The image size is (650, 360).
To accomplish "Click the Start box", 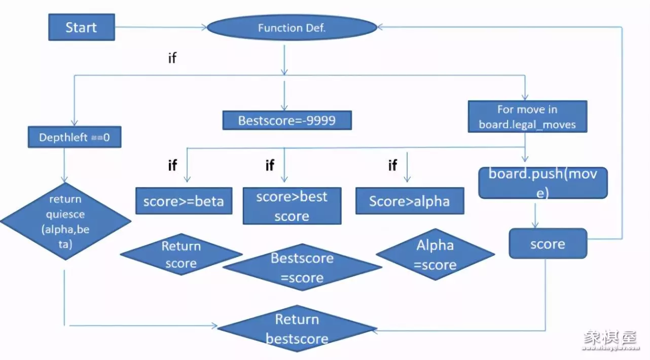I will (81, 27).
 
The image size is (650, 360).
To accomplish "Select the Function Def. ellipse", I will (292, 28).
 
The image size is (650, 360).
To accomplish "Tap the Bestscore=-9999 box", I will (287, 121).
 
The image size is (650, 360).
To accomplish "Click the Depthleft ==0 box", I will (74, 137).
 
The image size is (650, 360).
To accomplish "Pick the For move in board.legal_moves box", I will (527, 117).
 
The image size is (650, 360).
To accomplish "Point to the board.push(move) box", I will (543, 183).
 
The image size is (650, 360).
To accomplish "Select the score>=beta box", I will (183, 201).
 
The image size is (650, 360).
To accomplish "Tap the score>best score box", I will (292, 206).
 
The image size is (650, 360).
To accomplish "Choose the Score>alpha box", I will (409, 201).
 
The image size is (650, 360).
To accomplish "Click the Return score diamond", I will (181, 255).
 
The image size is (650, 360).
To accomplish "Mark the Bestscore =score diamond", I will (302, 267).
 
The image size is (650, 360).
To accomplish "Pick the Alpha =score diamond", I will (435, 255).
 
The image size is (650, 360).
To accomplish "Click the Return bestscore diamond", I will (297, 329).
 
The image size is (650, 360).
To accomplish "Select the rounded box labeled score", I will (548, 244).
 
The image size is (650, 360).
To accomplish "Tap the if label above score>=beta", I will (172, 165).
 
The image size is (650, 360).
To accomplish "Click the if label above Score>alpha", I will (392, 165).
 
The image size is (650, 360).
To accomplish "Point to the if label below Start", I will (172, 58).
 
